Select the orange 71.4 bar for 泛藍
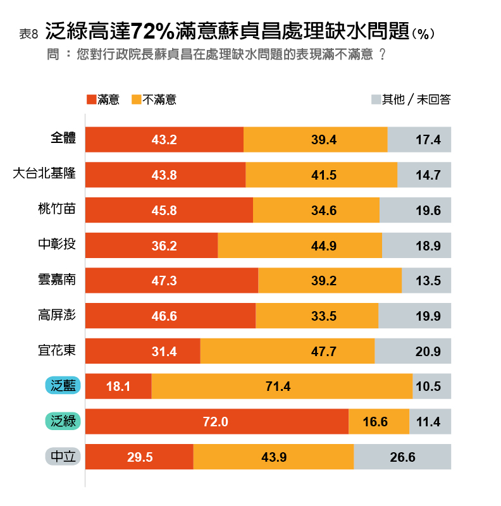click(281, 386)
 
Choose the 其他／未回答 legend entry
click(411, 99)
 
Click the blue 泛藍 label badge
click(62, 385)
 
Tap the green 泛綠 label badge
click(62, 421)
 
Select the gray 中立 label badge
click(62, 456)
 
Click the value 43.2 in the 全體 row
click(164, 140)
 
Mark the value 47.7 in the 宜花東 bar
click(323, 352)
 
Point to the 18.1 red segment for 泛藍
click(118, 386)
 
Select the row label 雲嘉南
click(57, 279)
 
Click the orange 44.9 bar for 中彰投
click(300, 245)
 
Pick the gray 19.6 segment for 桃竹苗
click(415, 211)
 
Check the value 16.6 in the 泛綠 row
click(375, 422)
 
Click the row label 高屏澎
click(57, 314)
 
